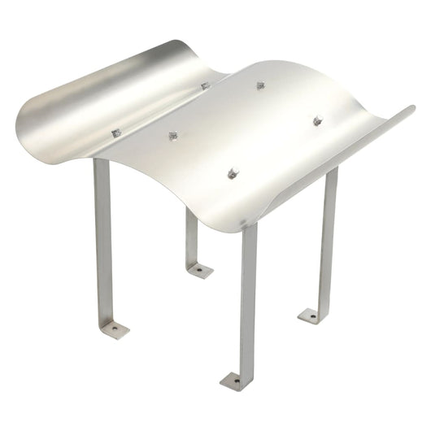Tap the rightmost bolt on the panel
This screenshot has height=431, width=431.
(x=318, y=121)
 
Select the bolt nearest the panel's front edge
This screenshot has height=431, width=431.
(x=233, y=172)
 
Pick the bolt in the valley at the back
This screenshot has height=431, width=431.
(x=205, y=85)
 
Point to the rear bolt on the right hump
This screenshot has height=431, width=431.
(x=260, y=85)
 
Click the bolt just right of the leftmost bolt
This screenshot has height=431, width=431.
(x=172, y=137)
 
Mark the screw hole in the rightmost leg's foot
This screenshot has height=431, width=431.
(x=309, y=313)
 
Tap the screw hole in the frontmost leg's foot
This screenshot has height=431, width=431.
(x=232, y=379)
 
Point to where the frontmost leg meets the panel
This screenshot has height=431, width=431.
(x=250, y=228)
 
